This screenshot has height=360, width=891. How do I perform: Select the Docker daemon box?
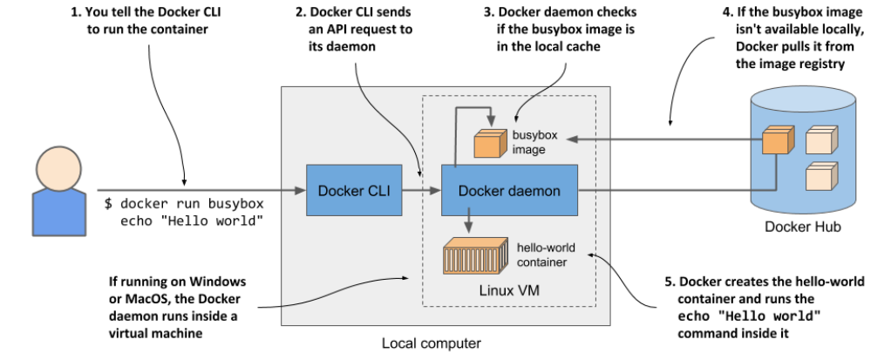click(510, 190)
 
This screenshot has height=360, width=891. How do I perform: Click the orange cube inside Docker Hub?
click(775, 141)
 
